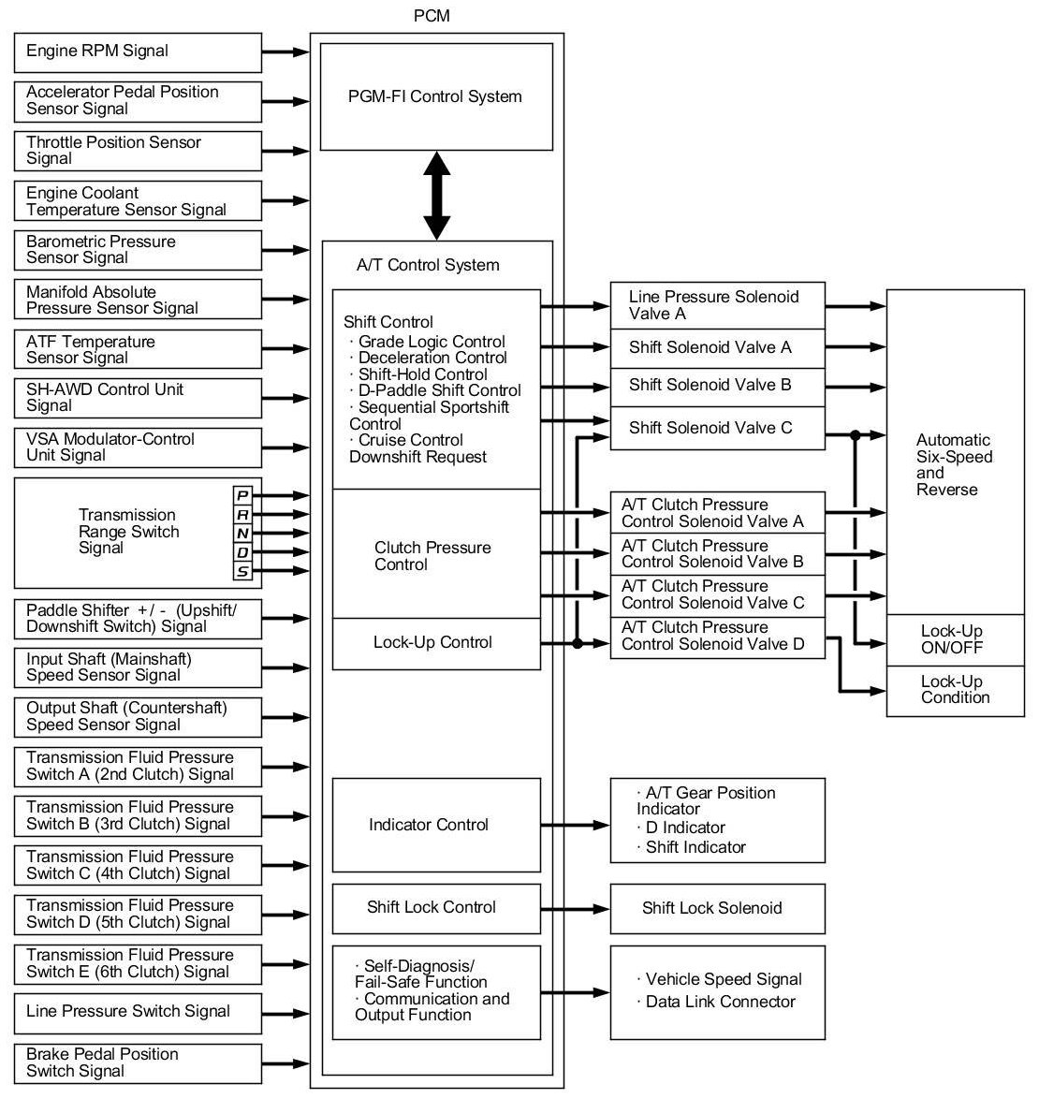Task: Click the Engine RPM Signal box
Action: point(138,52)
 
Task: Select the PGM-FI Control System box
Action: point(435,96)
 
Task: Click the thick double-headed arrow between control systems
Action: point(437,196)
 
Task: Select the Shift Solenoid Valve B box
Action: point(717,386)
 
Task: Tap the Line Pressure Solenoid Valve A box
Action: point(717,305)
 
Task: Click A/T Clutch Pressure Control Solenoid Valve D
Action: point(717,637)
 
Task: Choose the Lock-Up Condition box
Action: point(955,690)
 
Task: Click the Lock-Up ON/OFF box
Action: point(955,639)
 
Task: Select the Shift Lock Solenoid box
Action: point(717,908)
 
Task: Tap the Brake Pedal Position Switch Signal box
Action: point(138,1062)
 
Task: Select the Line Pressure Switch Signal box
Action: point(138,1012)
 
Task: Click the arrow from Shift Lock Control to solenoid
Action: point(575,908)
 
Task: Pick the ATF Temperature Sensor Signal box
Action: point(138,349)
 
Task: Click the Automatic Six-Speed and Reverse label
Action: point(954,465)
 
